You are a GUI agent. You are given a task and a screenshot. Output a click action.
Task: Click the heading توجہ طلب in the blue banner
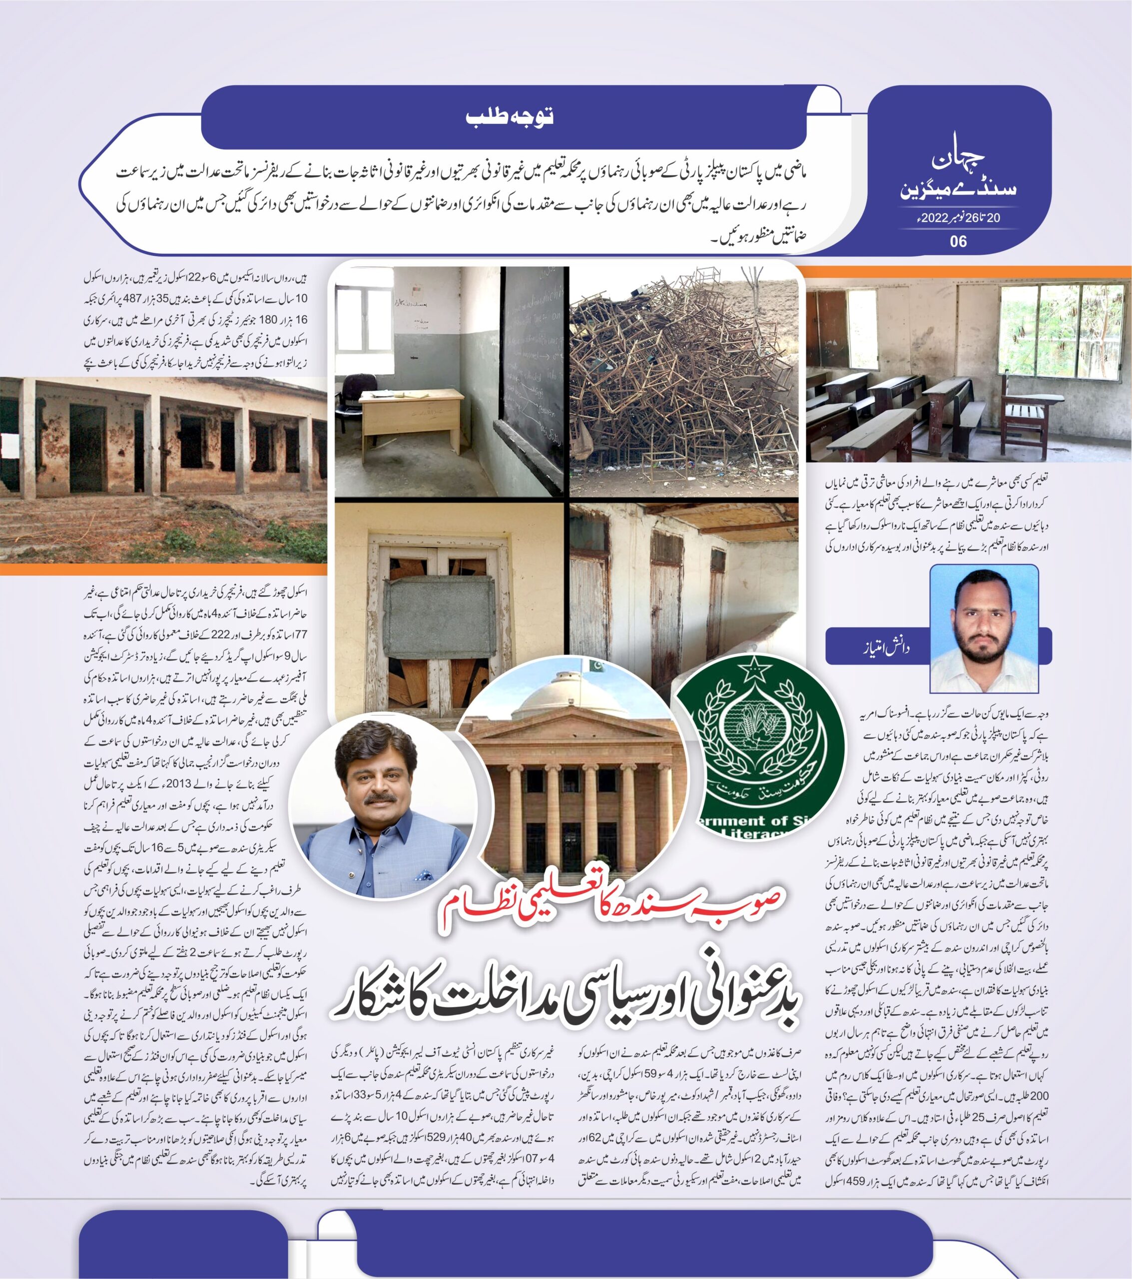(x=510, y=117)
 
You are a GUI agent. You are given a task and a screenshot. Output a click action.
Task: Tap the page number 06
(x=958, y=241)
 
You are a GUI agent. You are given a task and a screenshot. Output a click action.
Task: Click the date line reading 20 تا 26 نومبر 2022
(x=959, y=218)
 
